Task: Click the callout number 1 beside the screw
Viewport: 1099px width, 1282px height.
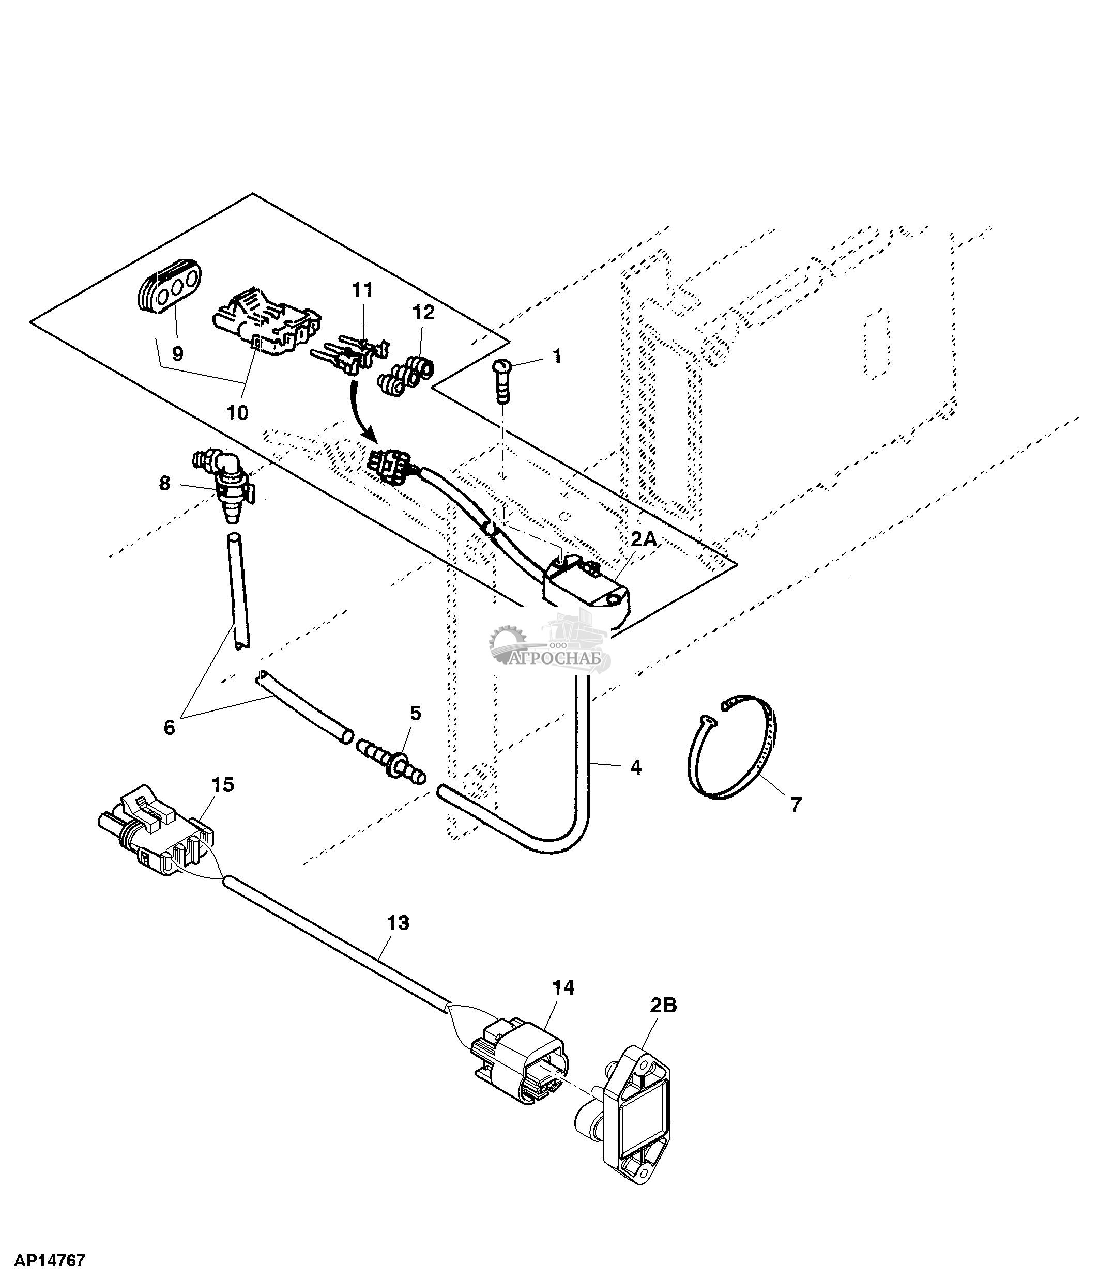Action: [x=556, y=357]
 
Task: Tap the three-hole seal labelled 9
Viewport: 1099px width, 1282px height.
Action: [x=169, y=289]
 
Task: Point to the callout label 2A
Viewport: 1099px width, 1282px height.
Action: [x=644, y=539]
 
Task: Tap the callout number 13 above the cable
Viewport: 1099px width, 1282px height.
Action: [x=398, y=940]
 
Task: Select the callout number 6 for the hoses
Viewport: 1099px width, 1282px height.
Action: [x=169, y=727]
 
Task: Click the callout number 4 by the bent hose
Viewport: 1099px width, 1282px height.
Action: [x=635, y=767]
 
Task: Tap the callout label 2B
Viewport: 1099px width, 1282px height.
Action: [x=663, y=1006]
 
